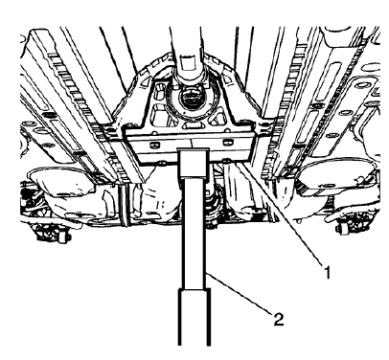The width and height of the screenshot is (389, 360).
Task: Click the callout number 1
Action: (x=328, y=272)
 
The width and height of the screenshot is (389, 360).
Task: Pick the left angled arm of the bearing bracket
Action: (x=129, y=105)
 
